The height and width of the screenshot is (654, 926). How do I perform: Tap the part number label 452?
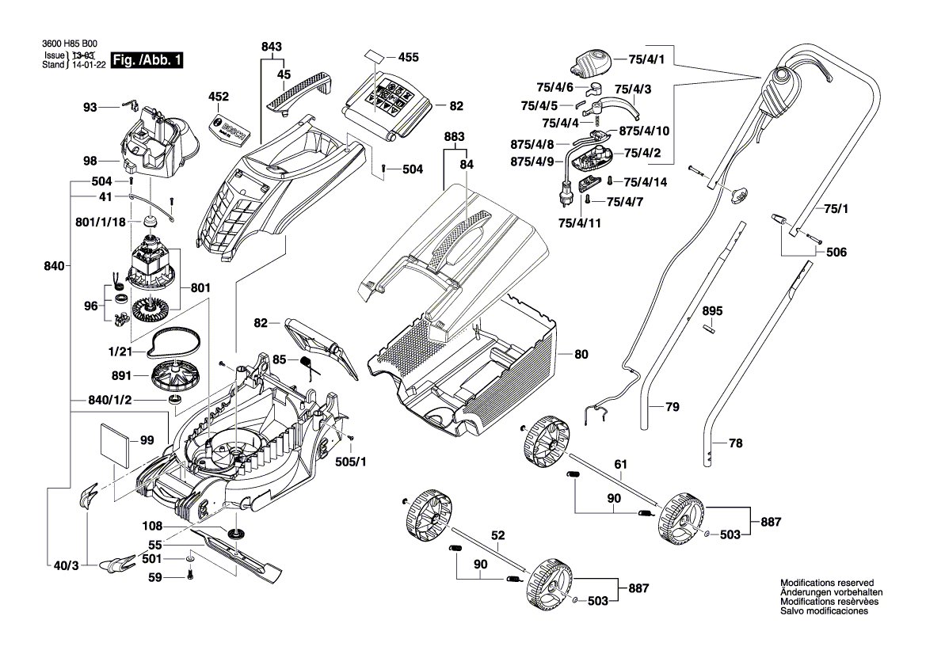pos(218,97)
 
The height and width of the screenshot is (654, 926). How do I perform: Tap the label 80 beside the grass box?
pos(581,355)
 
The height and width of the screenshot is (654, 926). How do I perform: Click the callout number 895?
pos(712,311)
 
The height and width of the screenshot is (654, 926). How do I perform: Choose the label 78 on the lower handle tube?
pos(735,444)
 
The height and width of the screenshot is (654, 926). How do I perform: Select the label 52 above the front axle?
pos(497,536)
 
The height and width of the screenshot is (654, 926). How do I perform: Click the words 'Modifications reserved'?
pos(826,582)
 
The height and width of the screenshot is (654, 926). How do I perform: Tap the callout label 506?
pos(836,253)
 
